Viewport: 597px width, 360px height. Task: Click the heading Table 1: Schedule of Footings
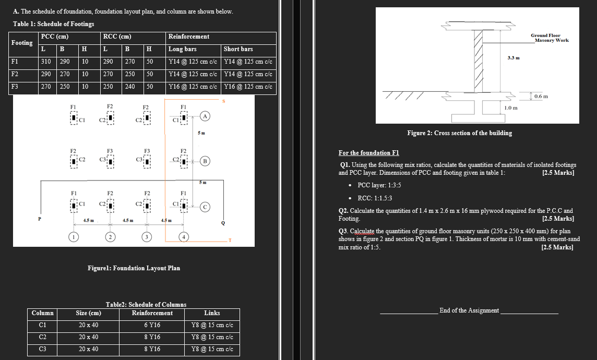point(54,24)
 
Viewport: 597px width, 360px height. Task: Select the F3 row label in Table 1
point(16,86)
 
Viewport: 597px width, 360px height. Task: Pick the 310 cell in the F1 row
point(46,62)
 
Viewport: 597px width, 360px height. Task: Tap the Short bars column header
point(238,49)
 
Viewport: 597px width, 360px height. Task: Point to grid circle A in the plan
point(206,116)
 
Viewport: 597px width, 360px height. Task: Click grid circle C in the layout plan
point(206,207)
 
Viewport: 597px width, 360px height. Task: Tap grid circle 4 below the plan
point(183,238)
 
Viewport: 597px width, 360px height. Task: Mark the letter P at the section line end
point(38,220)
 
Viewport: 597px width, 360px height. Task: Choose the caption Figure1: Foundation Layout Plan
point(134,268)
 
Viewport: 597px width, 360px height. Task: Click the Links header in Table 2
point(212,313)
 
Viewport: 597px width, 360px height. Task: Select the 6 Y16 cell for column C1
point(152,325)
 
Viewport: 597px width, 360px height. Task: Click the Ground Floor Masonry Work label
point(549,38)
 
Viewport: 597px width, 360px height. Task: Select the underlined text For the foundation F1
point(368,153)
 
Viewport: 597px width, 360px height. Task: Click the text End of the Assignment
point(469,310)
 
